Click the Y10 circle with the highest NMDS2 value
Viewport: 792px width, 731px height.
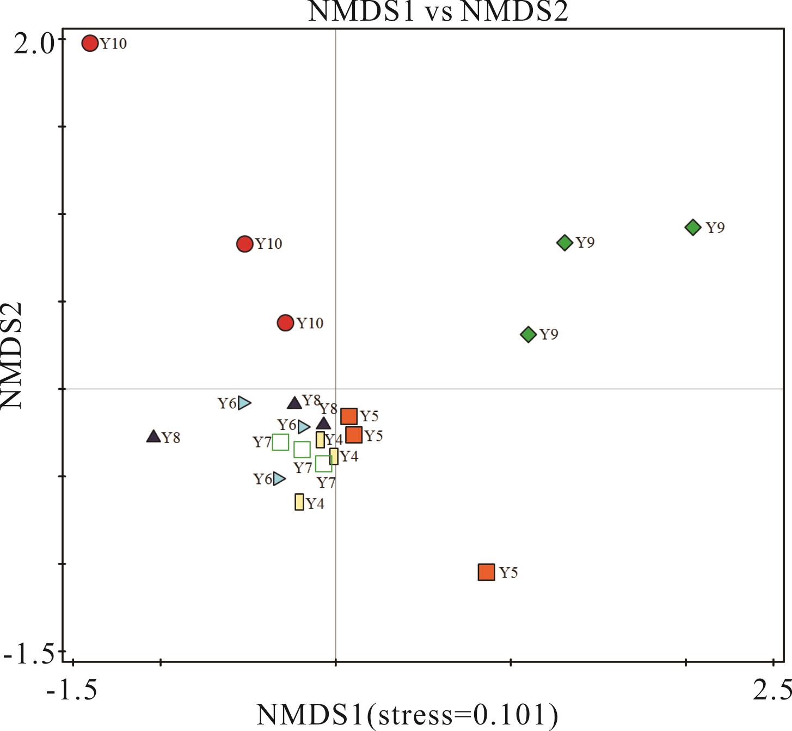click(90, 43)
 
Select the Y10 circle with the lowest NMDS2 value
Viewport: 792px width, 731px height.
click(285, 323)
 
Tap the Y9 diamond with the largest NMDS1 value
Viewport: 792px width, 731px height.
click(692, 227)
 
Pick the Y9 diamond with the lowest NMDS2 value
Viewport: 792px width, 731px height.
click(528, 334)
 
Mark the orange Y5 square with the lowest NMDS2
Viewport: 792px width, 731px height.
click(486, 572)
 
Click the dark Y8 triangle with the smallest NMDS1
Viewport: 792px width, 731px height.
click(154, 437)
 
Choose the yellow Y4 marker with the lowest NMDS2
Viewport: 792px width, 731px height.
click(299, 502)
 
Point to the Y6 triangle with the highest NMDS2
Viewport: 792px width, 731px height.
click(244, 403)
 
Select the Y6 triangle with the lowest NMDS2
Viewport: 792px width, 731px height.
click(279, 479)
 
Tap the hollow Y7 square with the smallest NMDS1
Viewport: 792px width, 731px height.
click(280, 442)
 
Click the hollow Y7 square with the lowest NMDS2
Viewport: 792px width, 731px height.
click(323, 464)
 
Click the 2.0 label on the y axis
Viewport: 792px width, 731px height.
click(34, 44)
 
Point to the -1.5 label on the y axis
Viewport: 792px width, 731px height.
click(30, 654)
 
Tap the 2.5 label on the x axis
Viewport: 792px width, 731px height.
click(772, 690)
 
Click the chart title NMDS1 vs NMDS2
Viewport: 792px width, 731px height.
click(438, 11)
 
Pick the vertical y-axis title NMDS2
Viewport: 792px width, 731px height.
click(12, 355)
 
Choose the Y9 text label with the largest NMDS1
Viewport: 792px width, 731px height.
click(715, 228)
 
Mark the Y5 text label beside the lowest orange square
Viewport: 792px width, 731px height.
click(508, 573)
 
